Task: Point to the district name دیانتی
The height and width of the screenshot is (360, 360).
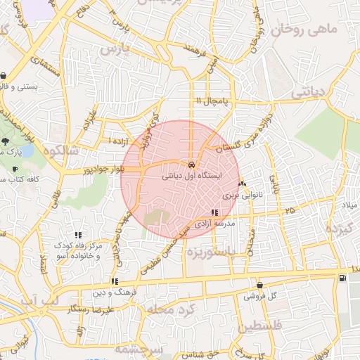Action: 310,91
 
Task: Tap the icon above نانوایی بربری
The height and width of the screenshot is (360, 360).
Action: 243,184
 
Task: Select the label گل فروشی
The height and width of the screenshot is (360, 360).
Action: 259,296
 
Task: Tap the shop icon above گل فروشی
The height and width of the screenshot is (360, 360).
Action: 260,285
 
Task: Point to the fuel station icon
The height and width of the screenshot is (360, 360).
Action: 342,278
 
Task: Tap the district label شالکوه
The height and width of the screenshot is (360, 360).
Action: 61,150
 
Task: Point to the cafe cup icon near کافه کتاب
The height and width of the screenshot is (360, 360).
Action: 15,169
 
